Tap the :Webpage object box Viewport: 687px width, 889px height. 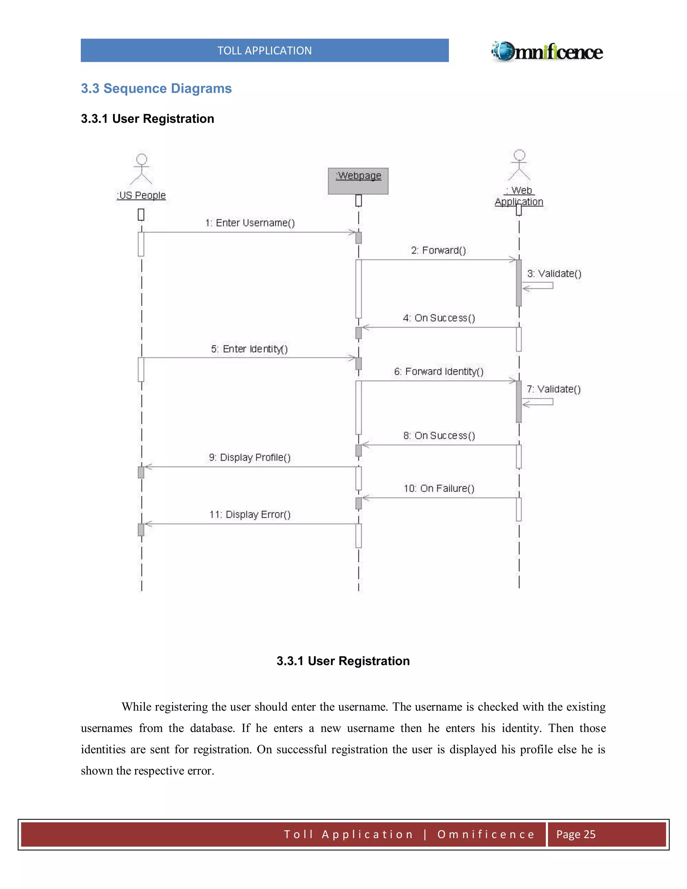click(x=358, y=181)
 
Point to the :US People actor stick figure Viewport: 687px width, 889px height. click(x=141, y=169)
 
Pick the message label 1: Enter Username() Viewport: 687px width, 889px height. click(x=250, y=223)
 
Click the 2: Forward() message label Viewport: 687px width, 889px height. click(x=438, y=250)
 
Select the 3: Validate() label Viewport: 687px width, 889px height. click(x=554, y=273)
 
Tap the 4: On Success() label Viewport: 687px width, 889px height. click(x=439, y=318)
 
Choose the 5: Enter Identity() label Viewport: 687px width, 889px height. click(x=249, y=349)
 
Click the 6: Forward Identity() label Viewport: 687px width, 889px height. click(x=439, y=372)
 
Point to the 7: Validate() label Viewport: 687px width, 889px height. click(x=553, y=389)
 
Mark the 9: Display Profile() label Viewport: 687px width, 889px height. click(x=250, y=458)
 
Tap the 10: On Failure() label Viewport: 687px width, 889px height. click(x=439, y=488)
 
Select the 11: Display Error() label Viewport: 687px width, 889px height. click(x=250, y=515)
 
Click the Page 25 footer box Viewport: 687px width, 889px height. click(x=606, y=834)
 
